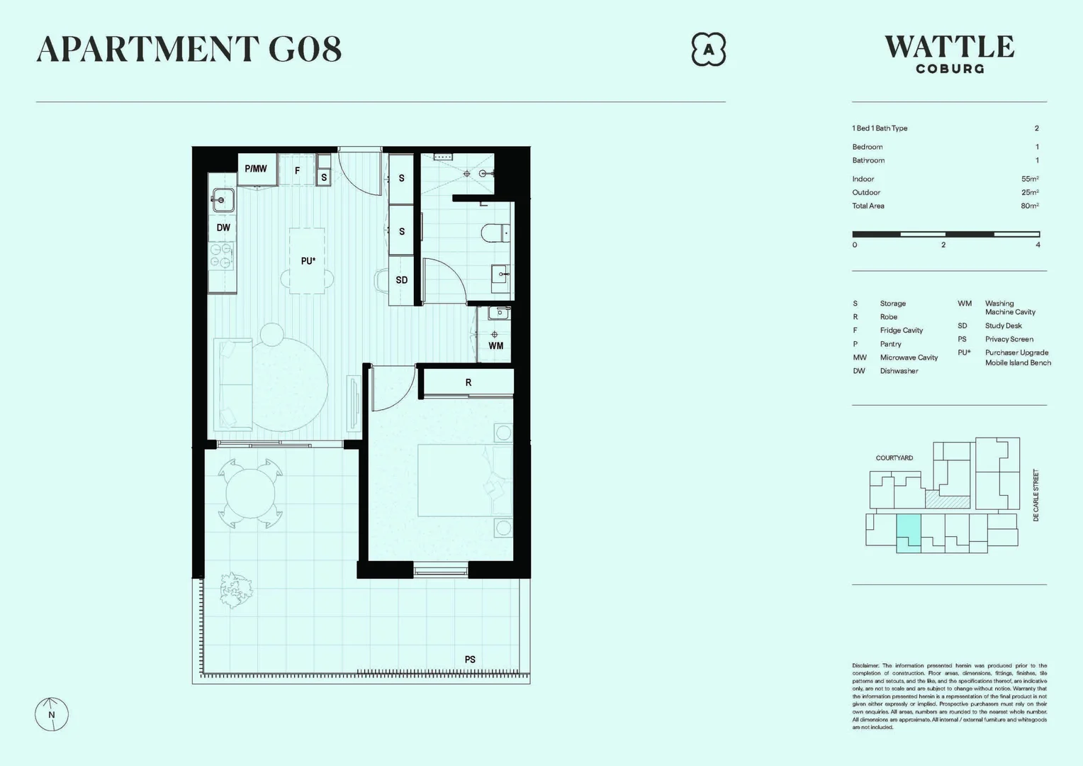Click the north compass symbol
[52, 714]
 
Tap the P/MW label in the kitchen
[256, 169]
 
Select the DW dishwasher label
[223, 228]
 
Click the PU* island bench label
[308, 261]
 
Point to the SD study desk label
[402, 280]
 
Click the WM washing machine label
[495, 346]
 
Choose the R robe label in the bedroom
[468, 383]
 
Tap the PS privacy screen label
[470, 660]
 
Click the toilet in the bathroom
[495, 233]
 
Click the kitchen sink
[223, 200]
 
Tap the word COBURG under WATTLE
[950, 70]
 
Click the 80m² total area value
[1029, 206]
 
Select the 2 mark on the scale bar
[943, 245]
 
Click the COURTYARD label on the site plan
[894, 458]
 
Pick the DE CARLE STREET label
[1036, 495]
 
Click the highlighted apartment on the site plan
[909, 532]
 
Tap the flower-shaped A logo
[708, 50]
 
